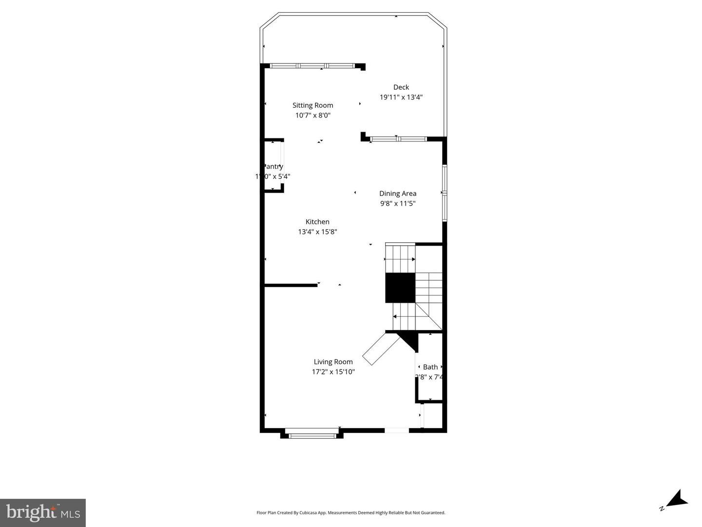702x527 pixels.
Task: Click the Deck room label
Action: pyautogui.click(x=401, y=87)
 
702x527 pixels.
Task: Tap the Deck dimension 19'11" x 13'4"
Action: pyautogui.click(x=401, y=97)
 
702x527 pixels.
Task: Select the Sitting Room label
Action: pyautogui.click(x=312, y=105)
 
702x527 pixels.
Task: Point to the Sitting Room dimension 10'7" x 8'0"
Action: pyautogui.click(x=312, y=116)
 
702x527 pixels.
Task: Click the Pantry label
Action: pyautogui.click(x=273, y=167)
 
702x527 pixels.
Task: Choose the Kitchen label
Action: pyautogui.click(x=317, y=222)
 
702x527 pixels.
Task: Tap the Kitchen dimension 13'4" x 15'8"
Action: pyautogui.click(x=317, y=232)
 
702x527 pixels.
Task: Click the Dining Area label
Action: pyautogui.click(x=397, y=194)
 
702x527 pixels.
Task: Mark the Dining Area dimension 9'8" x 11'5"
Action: pyautogui.click(x=397, y=204)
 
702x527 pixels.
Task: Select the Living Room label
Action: pyautogui.click(x=333, y=362)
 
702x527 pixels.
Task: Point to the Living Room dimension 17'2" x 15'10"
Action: pyautogui.click(x=333, y=372)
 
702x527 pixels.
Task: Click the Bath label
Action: pyautogui.click(x=430, y=367)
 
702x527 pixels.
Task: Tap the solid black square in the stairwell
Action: pyautogui.click(x=400, y=288)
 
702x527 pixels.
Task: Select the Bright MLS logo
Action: pyautogui.click(x=43, y=513)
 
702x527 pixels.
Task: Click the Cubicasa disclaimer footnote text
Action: pyautogui.click(x=351, y=513)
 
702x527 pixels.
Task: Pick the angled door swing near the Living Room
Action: pyautogui.click(x=381, y=349)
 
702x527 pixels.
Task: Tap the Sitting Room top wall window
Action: pyautogui.click(x=312, y=66)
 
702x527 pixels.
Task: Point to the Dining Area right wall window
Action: pyautogui.click(x=445, y=194)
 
